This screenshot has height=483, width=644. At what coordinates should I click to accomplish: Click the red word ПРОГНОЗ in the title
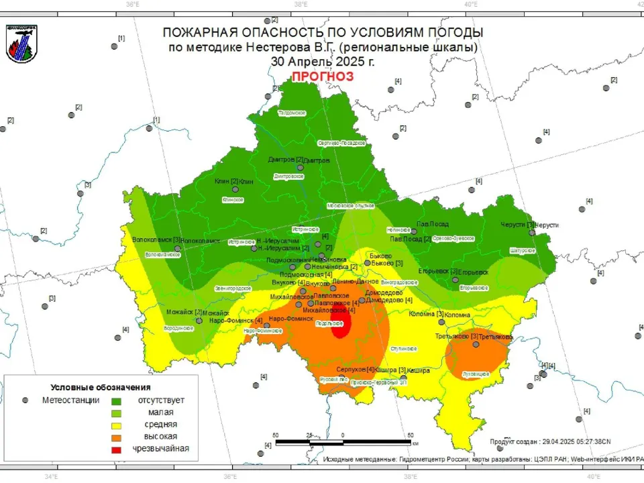point(322,76)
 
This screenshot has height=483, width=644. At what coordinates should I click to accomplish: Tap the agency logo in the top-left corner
point(21,44)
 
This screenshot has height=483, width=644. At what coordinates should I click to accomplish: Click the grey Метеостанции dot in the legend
point(25,400)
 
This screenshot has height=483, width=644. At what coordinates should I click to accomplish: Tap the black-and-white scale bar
point(343,443)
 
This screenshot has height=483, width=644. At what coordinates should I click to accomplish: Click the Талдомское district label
point(292,113)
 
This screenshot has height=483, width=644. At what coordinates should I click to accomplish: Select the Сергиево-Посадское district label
point(341,143)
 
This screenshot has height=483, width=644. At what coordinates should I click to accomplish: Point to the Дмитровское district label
point(288,176)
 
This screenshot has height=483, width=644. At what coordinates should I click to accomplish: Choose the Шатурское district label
point(523,250)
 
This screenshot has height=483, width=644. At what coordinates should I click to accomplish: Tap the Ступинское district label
point(405,349)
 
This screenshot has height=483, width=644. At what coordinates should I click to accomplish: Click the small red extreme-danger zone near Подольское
point(341,325)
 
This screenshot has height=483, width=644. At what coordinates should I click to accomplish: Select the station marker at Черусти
point(531,233)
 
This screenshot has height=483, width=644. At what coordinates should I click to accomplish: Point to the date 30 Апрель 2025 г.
point(322,61)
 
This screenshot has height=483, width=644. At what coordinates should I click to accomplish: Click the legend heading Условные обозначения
point(101,387)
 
